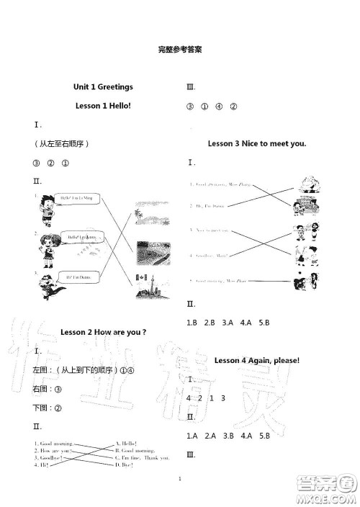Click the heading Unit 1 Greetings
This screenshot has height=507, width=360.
pos(103,86)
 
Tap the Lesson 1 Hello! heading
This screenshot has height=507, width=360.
pos(103,106)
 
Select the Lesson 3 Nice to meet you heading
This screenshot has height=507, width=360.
pos(257,144)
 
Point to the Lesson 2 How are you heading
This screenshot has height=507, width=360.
pos(102,332)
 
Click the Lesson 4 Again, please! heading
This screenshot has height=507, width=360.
pos(257,360)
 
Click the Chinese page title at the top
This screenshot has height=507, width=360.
pos(179,50)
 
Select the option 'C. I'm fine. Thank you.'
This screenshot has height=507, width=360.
pos(143,457)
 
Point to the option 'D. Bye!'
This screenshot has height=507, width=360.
pos(127,465)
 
